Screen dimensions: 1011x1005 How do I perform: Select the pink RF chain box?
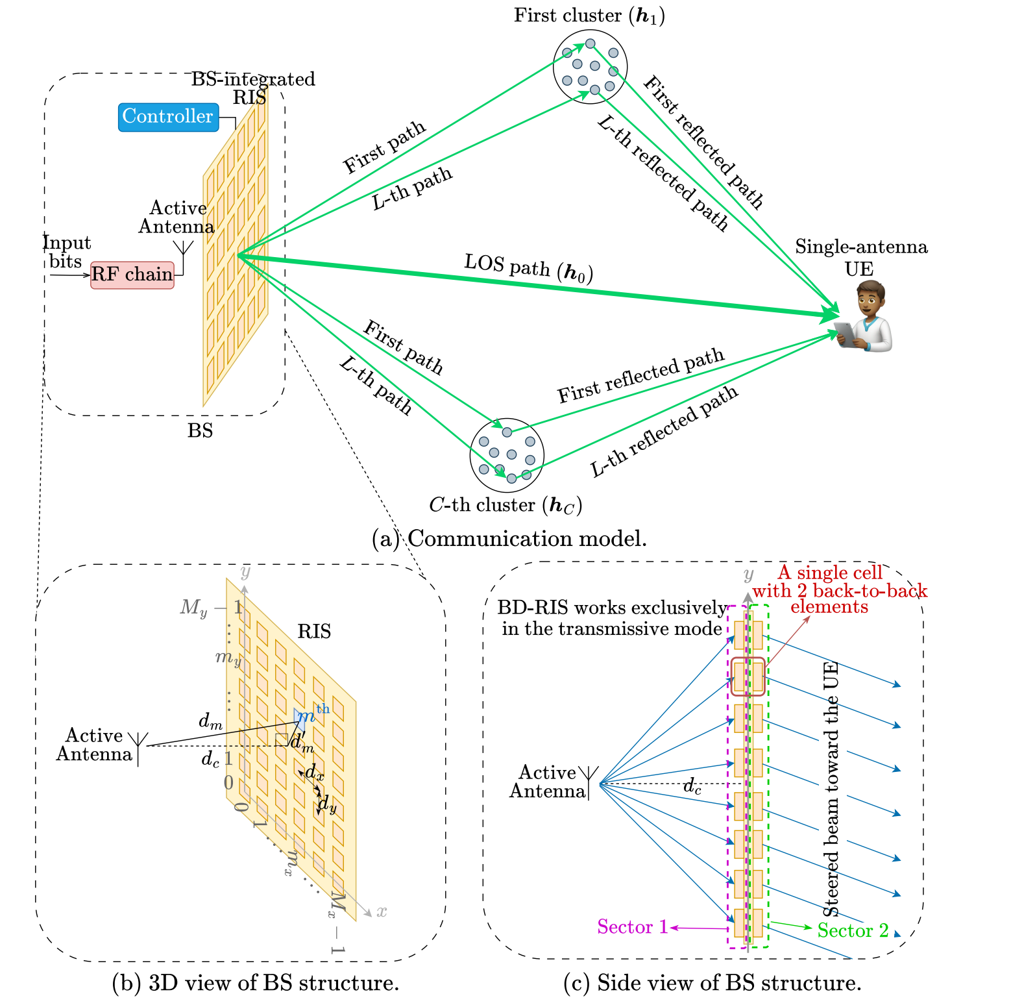pos(132,275)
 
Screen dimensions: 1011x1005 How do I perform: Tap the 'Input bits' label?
pos(66,252)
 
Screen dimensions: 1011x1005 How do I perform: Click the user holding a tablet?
pos(865,316)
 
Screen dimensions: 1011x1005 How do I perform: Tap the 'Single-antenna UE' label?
pos(860,257)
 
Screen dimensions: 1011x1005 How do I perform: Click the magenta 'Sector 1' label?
pos(633,926)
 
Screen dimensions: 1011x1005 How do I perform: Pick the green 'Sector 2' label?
pos(853,930)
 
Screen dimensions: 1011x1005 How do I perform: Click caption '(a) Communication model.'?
pos(509,539)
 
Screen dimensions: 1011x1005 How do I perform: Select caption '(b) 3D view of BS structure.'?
pos(256,983)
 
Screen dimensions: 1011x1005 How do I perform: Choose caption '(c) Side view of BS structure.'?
pos(713,983)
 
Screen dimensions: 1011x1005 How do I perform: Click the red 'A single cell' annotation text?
pos(830,573)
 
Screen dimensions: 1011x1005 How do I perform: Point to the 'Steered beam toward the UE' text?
pos(831,789)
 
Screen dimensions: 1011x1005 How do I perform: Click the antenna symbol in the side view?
pos(589,782)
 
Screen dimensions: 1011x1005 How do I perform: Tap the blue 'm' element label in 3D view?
pos(306,717)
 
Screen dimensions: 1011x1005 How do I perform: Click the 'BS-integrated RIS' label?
pos(253,88)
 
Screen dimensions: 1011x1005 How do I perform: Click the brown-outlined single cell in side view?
pos(748,676)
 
